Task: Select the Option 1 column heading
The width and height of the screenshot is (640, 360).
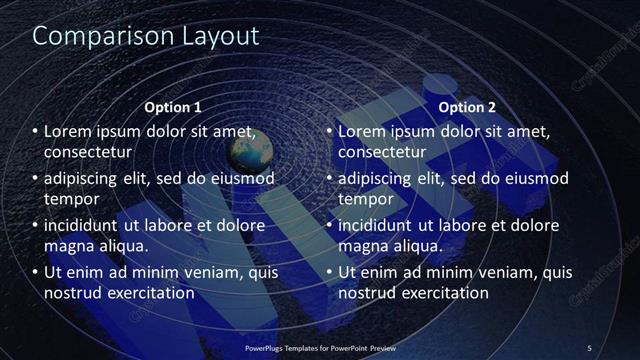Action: click(x=173, y=106)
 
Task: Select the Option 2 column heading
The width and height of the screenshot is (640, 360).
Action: click(x=468, y=106)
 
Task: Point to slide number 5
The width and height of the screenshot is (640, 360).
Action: click(x=590, y=348)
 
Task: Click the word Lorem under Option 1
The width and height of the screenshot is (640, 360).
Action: click(x=70, y=132)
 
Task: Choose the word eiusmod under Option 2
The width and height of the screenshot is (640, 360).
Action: click(x=534, y=179)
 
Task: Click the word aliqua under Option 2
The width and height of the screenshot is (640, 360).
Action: click(x=417, y=245)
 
